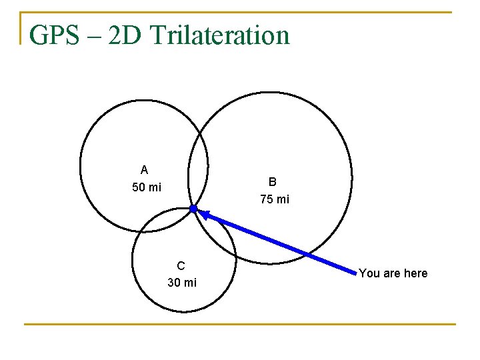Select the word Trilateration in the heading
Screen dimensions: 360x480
pyautogui.click(x=221, y=35)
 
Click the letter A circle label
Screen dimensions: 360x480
pyautogui.click(x=144, y=170)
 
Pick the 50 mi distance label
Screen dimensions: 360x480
pyautogui.click(x=147, y=187)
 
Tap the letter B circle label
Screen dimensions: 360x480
pyautogui.click(x=273, y=181)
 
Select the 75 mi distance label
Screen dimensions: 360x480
pyautogui.click(x=275, y=199)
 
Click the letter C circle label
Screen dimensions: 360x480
pyautogui.click(x=181, y=265)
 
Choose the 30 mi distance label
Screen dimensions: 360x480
pyautogui.click(x=182, y=283)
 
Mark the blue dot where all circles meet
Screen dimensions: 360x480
pyautogui.click(x=193, y=209)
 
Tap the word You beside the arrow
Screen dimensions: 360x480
pyautogui.click(x=369, y=273)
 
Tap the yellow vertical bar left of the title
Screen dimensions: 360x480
pyautogui.click(x=21, y=28)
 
